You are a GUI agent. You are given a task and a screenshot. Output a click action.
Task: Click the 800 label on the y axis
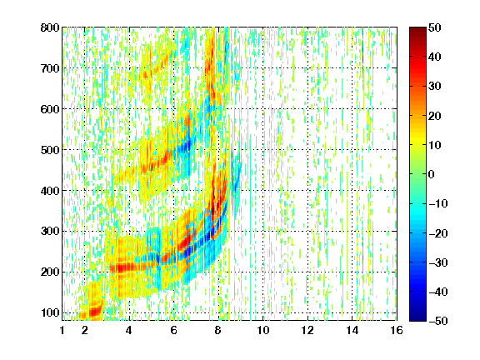[50, 27]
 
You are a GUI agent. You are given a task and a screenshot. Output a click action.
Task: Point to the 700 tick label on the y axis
[50, 68]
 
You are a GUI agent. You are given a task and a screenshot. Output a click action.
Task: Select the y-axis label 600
[50, 109]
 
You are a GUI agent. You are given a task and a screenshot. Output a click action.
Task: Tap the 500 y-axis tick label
[50, 150]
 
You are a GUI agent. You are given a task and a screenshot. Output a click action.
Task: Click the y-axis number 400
[50, 191]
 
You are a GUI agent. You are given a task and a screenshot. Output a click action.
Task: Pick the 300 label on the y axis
[50, 231]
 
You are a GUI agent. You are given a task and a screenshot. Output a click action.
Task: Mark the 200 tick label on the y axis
[50, 272]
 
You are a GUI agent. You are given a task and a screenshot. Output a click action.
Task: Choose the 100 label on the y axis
[50, 312]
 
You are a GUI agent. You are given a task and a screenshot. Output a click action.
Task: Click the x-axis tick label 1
[62, 330]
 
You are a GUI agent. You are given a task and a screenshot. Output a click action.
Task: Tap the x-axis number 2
[84, 330]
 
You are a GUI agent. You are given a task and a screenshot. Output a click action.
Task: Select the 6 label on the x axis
[173, 330]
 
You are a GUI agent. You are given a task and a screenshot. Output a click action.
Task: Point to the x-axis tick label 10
[263, 330]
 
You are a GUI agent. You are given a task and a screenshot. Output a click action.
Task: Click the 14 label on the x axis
[352, 330]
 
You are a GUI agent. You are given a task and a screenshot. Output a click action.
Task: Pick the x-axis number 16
[397, 330]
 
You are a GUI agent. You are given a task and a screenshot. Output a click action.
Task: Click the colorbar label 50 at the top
[434, 27]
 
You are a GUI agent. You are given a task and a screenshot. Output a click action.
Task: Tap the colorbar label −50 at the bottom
[438, 321]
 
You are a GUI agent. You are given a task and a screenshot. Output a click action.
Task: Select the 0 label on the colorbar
[432, 174]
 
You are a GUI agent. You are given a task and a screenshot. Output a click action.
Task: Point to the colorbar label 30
[434, 86]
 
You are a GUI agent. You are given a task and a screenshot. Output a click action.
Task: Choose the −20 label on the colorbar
[438, 233]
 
